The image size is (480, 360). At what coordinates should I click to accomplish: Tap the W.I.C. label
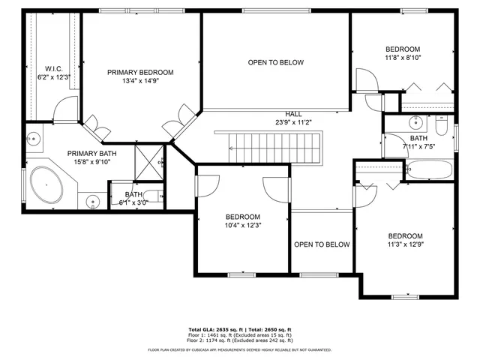tap(53, 68)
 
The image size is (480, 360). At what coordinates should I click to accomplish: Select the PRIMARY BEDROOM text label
tap(140, 73)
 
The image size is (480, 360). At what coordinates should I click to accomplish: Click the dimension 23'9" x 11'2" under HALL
tap(293, 122)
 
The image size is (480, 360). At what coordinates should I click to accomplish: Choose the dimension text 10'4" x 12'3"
tap(243, 225)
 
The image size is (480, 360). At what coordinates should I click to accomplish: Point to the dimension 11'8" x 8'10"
tap(403, 57)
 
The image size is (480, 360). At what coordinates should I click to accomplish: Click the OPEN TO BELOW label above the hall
tap(275, 63)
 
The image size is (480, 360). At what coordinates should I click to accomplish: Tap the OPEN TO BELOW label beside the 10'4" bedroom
tap(322, 244)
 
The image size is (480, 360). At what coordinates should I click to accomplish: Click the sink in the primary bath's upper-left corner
tap(33, 138)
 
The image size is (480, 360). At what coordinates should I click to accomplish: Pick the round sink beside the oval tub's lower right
tap(93, 200)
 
